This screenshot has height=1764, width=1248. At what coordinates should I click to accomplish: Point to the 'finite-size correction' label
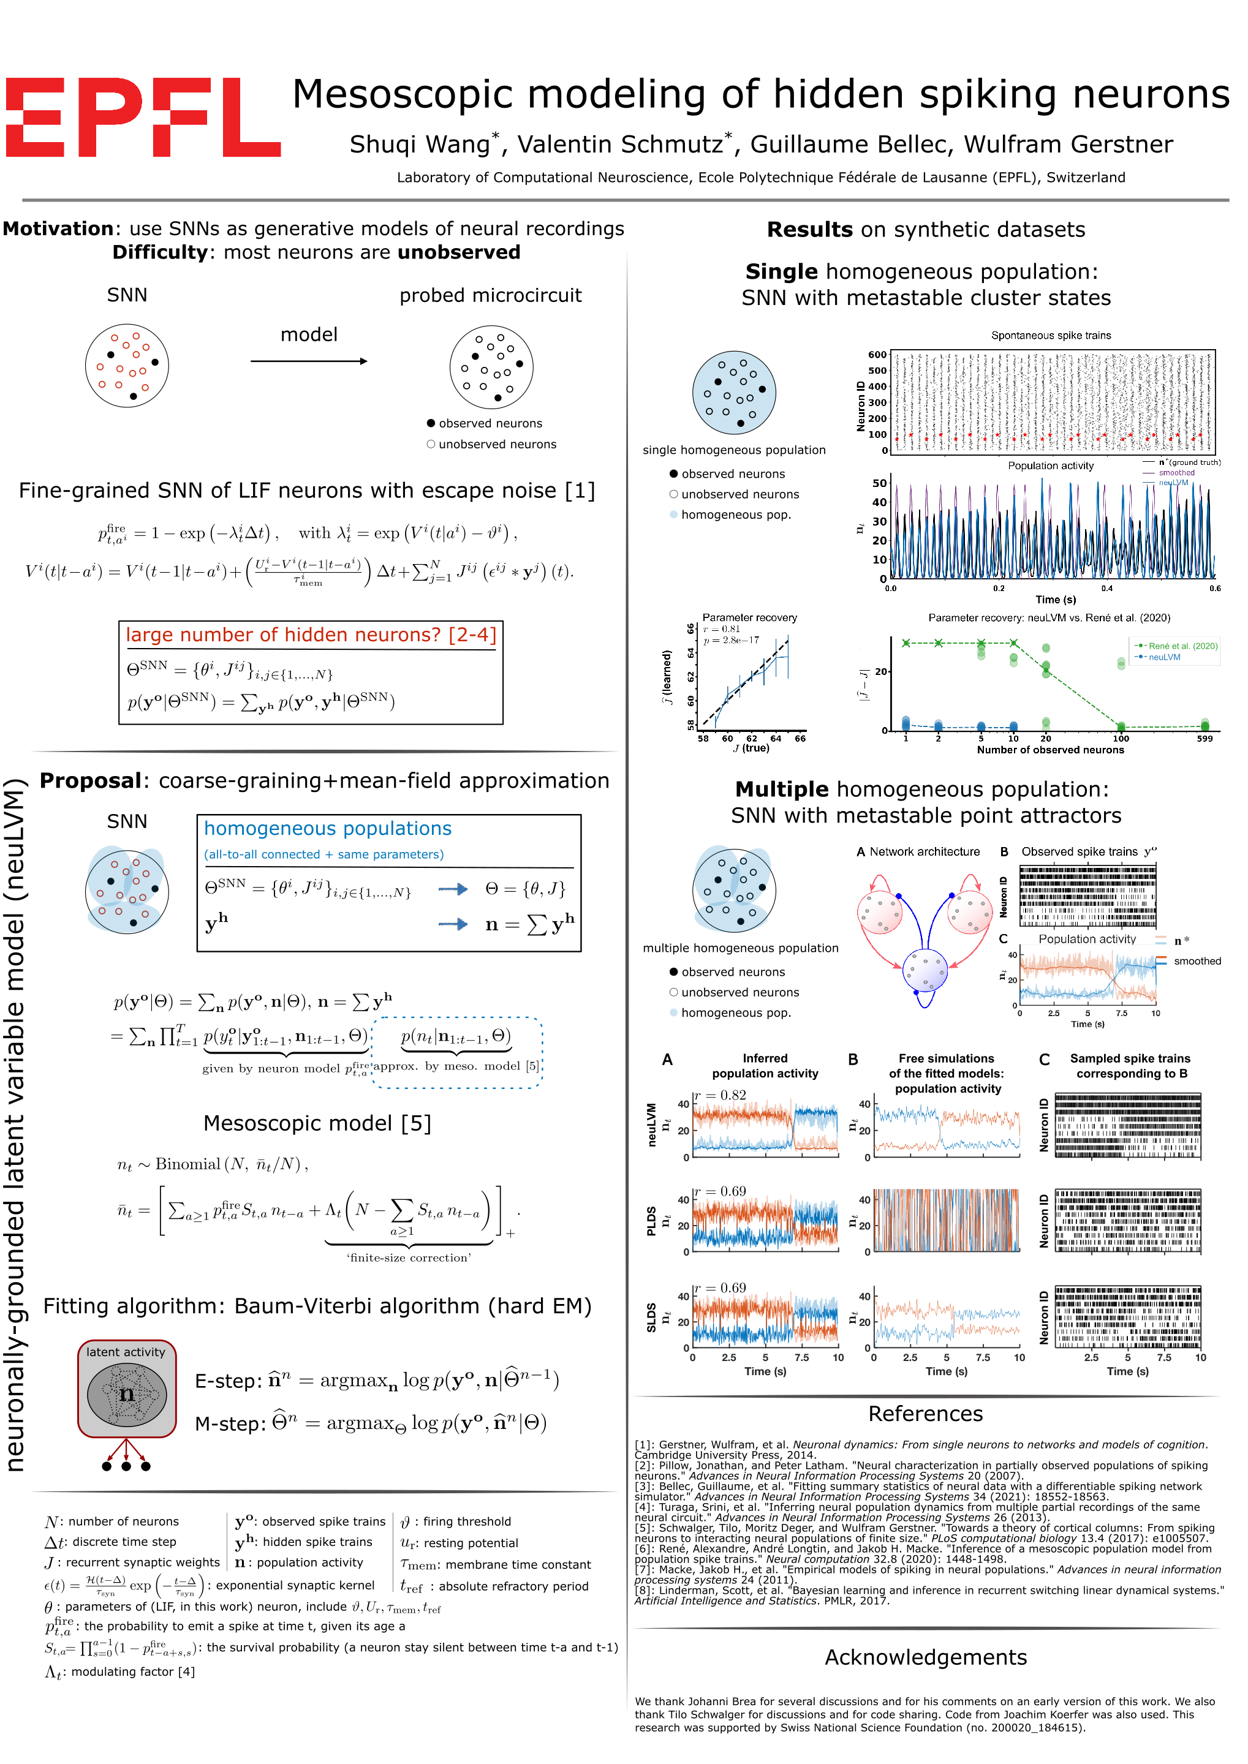tap(409, 1257)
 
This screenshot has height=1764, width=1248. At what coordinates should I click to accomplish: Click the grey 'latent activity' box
tap(127, 1389)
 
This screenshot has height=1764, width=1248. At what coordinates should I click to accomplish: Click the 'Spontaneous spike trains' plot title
tap(1051, 336)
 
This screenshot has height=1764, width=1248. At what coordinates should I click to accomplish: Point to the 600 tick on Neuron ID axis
tap(877, 355)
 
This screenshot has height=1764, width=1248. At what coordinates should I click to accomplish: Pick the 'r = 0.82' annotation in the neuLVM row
tap(720, 1095)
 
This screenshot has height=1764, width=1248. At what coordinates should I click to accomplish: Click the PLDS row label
tap(652, 1221)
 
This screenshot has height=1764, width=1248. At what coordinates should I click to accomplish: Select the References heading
tap(925, 1414)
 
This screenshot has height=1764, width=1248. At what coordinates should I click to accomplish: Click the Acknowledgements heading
tap(925, 1657)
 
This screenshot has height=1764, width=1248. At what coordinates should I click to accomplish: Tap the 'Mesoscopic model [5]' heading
tap(317, 1123)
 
